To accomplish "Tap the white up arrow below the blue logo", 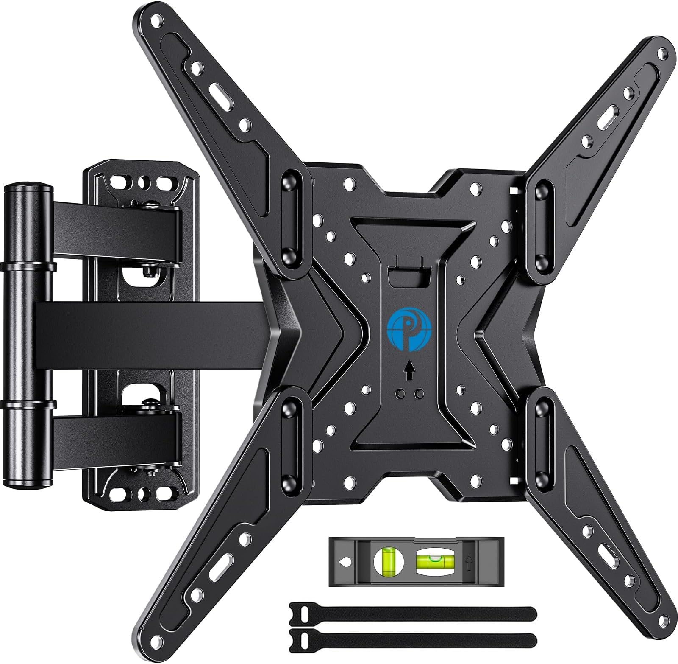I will [408, 373].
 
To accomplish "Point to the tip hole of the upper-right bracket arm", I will [659, 54].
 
